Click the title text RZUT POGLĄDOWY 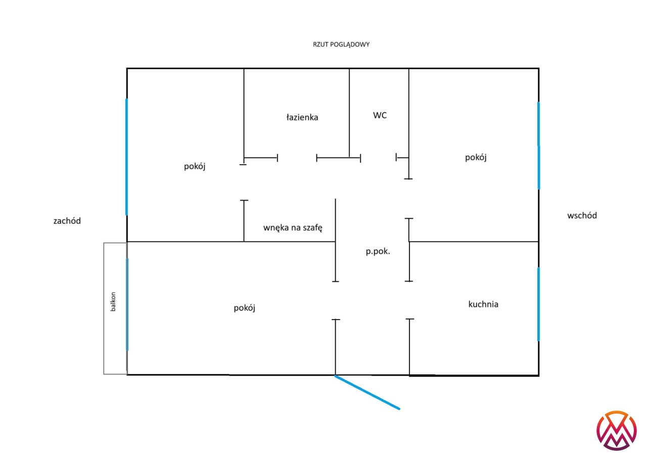pos(341,45)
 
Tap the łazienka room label pos(302,117)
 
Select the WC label pos(380,116)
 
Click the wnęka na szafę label pos(293,228)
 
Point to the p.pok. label pos(378,251)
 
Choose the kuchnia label pos(483,304)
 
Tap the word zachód pos(67,221)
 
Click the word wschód pos(582,216)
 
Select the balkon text pos(113,302)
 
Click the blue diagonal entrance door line pos(367,392)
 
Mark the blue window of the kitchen pos(538,304)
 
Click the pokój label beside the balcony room pos(244,308)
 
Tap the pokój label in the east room pos(476,158)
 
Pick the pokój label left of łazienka pos(195,167)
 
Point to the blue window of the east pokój pos(538,146)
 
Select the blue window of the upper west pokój pos(126,157)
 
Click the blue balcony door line pos(127,304)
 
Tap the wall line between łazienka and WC pos(349,113)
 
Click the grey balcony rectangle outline pos(104,309)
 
